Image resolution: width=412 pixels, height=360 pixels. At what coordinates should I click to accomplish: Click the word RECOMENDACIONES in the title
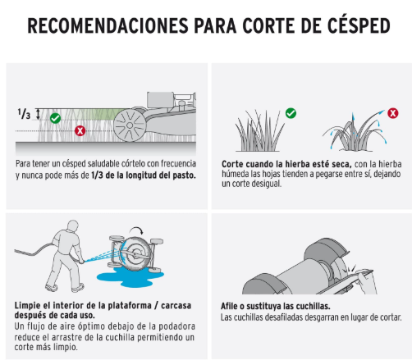click(108, 25)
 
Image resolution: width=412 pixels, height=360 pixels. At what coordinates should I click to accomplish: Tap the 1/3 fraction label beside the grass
click(24, 114)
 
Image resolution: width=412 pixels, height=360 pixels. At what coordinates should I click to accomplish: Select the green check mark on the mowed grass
click(56, 118)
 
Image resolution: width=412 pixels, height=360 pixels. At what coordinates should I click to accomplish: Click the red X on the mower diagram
click(80, 130)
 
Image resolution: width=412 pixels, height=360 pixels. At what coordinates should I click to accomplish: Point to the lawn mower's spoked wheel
click(130, 125)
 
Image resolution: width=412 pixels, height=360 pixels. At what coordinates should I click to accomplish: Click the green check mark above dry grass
click(291, 113)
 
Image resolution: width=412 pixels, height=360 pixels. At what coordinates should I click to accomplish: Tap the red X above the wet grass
click(393, 113)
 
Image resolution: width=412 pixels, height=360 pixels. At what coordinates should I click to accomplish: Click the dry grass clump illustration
click(259, 130)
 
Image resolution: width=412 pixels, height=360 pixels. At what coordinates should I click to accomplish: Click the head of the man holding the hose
click(73, 226)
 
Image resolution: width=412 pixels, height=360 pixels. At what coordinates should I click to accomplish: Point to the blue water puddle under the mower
click(130, 276)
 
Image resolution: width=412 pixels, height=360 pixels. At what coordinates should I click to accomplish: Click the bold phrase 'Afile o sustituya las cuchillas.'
click(276, 306)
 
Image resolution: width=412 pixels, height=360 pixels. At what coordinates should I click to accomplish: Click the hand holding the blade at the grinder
click(367, 283)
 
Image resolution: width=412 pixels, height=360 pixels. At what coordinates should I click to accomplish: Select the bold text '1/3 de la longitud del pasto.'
click(144, 175)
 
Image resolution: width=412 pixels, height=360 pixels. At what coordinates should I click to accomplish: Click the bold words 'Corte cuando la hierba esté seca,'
click(286, 164)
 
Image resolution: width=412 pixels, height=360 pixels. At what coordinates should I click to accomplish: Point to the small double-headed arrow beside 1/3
click(39, 114)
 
